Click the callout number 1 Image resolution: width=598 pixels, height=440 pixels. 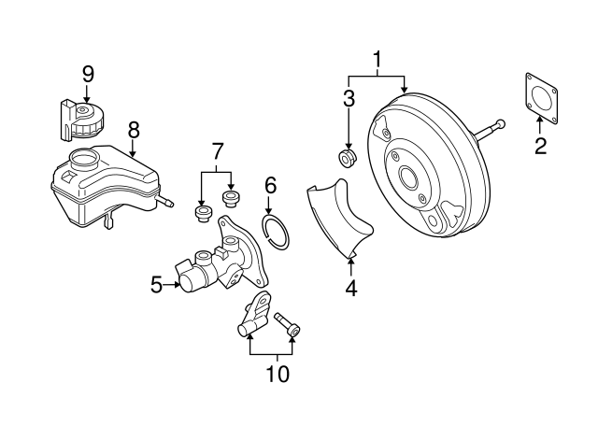pyautogui.click(x=377, y=61)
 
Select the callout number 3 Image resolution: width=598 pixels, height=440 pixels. pyautogui.click(x=348, y=100)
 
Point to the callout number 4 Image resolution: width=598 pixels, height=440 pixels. pyautogui.click(x=350, y=289)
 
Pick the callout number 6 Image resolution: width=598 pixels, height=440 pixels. pyautogui.click(x=270, y=185)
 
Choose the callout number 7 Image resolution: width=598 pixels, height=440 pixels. pyautogui.click(x=217, y=149)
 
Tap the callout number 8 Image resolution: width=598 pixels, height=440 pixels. pyautogui.click(x=134, y=132)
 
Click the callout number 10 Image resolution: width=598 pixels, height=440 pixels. pyautogui.click(x=278, y=375)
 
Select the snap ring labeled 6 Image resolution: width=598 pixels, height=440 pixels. pyautogui.click(x=277, y=230)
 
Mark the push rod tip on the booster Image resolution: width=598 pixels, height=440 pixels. pyautogui.click(x=502, y=123)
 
